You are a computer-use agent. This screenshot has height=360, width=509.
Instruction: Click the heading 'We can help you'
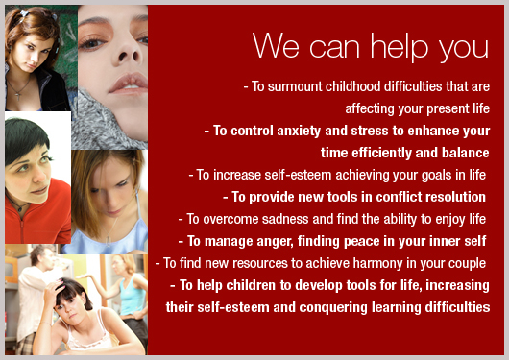pos(371,46)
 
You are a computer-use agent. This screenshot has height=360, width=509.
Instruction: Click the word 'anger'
pos(284,241)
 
